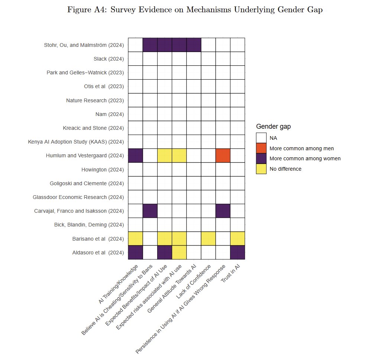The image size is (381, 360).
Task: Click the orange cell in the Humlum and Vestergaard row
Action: click(223, 155)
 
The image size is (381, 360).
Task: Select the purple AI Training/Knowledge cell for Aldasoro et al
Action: click(135, 253)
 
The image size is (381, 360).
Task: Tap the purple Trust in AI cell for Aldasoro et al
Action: click(238, 253)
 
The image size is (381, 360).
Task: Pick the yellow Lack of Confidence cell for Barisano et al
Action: click(208, 239)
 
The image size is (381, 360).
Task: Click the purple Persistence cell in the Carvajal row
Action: click(223, 211)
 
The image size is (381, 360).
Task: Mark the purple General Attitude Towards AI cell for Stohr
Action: click(194, 45)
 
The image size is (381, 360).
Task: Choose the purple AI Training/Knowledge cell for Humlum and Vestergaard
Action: click(135, 155)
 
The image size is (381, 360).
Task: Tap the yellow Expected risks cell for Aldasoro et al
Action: click(179, 253)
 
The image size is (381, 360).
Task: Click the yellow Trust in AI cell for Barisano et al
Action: click(238, 239)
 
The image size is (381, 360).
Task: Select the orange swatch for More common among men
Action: click(261, 148)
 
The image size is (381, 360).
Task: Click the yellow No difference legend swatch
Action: click(261, 169)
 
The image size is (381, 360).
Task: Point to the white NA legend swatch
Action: click(261, 138)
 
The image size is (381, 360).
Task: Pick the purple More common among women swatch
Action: click(261, 158)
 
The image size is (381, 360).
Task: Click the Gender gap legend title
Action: click(273, 127)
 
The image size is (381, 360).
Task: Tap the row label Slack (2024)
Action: click(109, 59)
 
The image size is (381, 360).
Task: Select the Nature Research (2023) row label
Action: click(95, 100)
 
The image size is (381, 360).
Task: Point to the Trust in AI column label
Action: click(230, 273)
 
